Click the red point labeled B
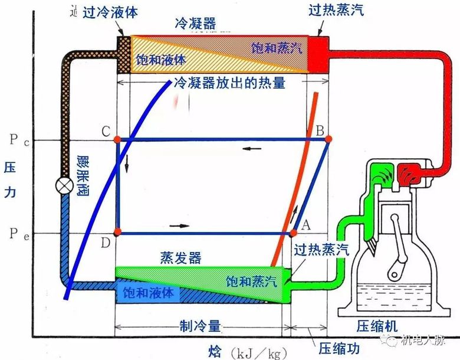328,139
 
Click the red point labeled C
117,139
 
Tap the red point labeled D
117,231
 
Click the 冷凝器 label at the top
195,24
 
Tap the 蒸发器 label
180,258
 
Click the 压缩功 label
334,346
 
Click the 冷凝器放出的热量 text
229,83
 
